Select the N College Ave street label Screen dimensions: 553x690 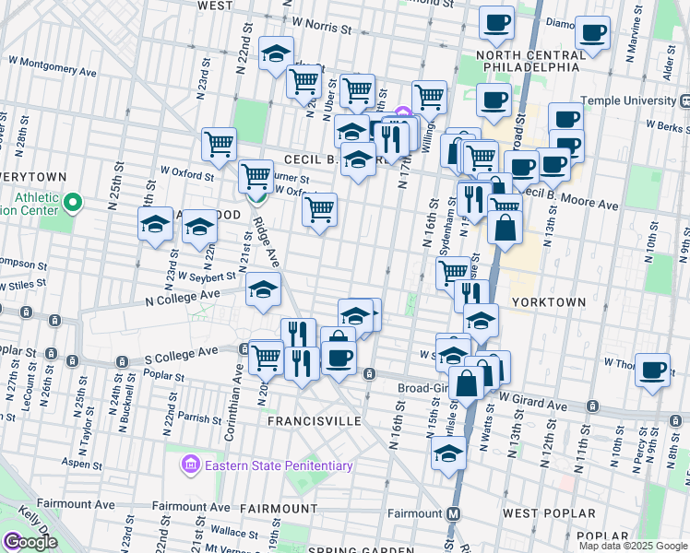point(183,297)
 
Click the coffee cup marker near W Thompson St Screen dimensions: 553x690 point(653,371)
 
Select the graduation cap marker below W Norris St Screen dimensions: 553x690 point(275,54)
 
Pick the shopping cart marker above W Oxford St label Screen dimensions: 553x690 point(219,144)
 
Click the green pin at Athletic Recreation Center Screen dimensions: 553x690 point(75,201)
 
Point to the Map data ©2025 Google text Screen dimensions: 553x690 point(633,546)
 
